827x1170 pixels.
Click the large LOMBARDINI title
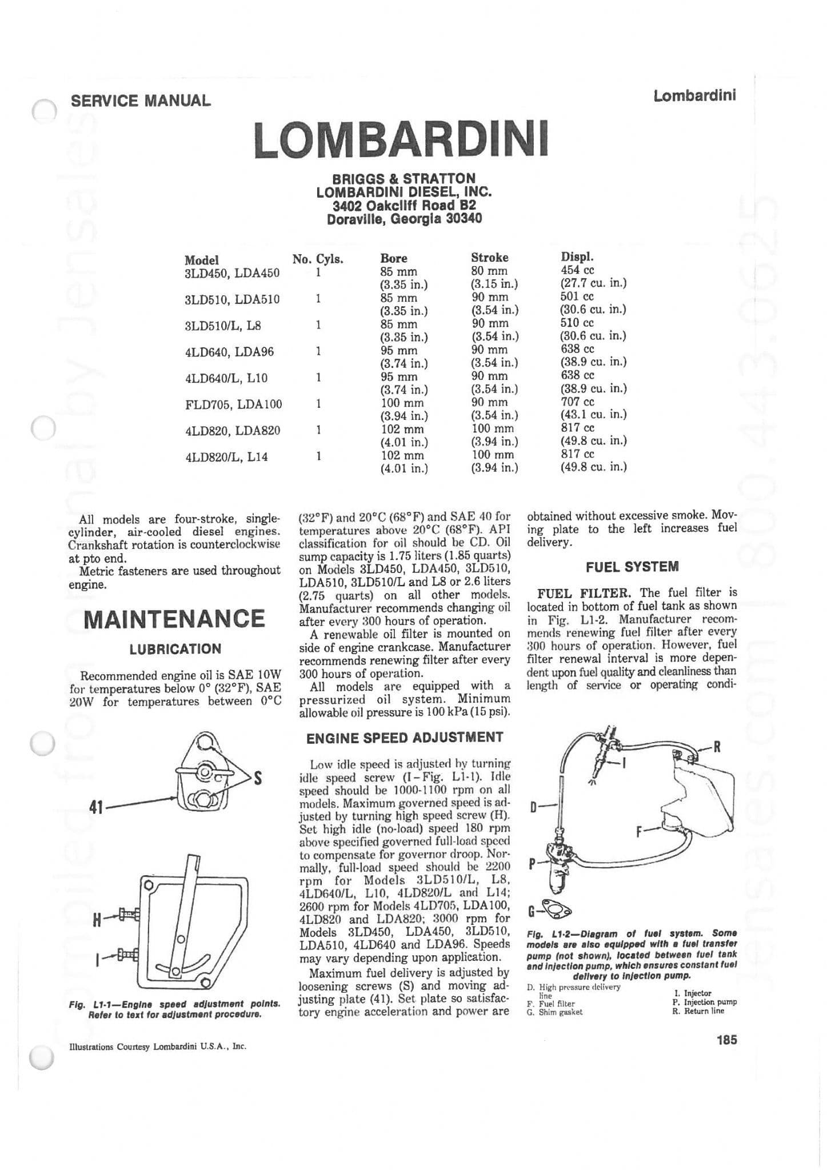tap(401, 139)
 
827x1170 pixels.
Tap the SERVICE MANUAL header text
tap(141, 101)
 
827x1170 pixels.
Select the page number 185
tap(726, 1039)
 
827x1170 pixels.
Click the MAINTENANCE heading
tap(174, 619)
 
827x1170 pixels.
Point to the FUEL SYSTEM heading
tap(632, 567)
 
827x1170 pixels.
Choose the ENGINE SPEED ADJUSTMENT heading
tap(405, 738)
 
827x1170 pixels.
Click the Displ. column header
tap(577, 257)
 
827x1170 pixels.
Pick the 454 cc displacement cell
tap(577, 270)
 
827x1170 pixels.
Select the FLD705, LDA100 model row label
tap(234, 404)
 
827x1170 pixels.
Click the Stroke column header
tap(489, 257)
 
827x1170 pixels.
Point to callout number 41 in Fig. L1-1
tap(95, 807)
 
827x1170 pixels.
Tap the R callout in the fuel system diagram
tap(716, 747)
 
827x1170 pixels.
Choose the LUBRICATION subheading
tap(175, 649)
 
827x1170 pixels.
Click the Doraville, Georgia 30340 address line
tap(404, 219)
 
